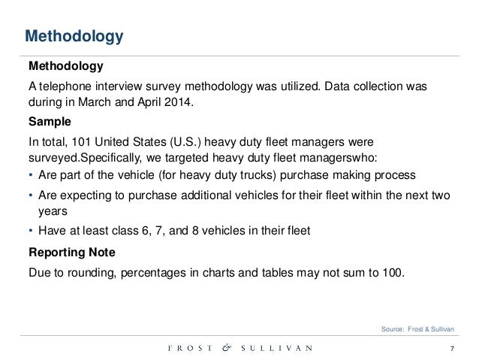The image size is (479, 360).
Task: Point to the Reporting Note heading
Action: [73, 250]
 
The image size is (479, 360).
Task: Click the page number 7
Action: [452, 348]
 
